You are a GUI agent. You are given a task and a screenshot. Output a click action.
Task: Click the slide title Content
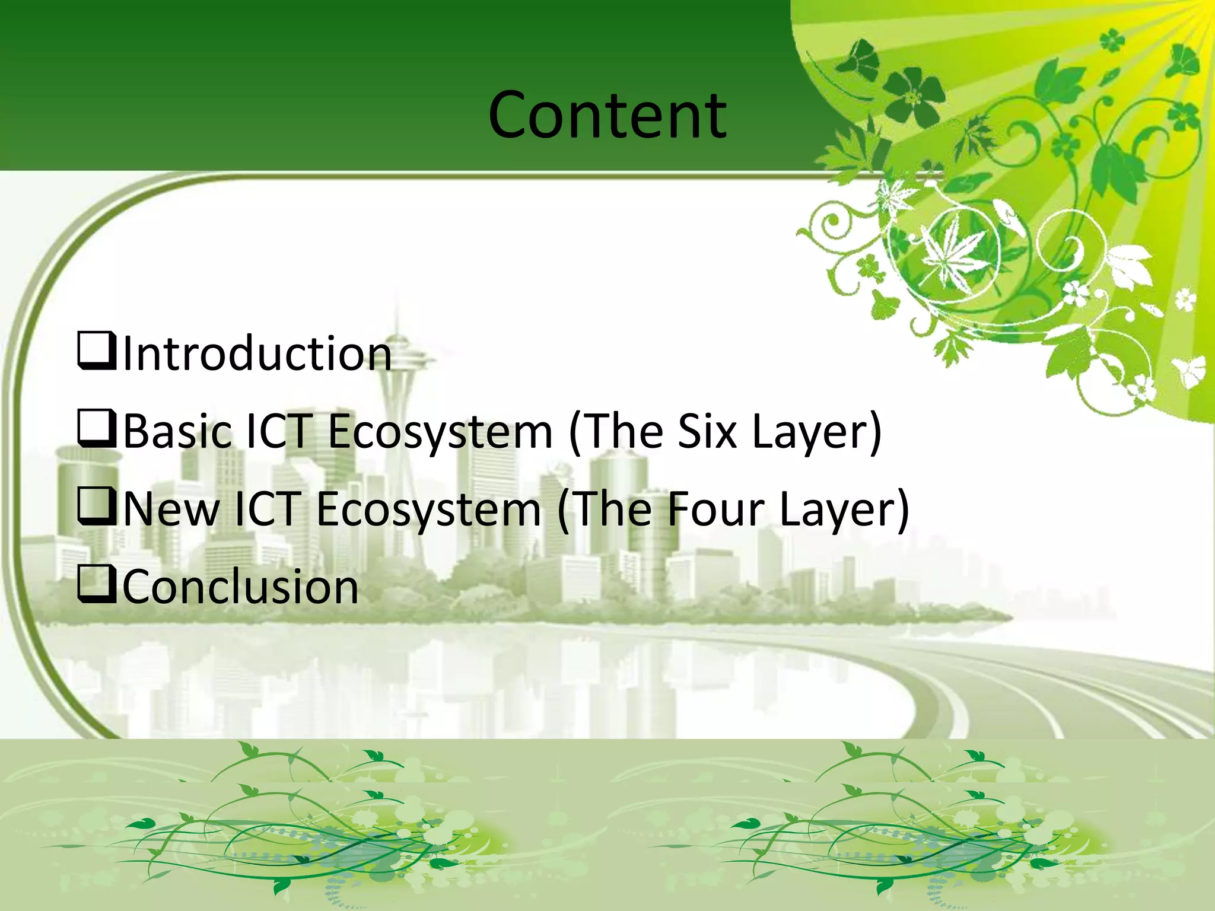607,115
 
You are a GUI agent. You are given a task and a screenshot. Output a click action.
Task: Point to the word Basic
177,432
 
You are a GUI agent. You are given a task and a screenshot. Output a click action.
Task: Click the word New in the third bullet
171,509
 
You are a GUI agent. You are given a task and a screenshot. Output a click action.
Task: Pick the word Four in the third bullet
714,509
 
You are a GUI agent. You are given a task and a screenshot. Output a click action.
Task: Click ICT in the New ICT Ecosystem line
266,509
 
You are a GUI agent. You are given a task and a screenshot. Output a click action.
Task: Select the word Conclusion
240,587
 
